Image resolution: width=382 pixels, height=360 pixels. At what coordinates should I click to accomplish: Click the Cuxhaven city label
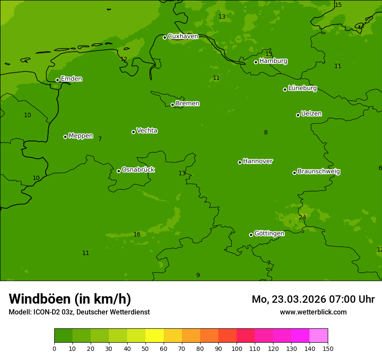pos(183,36)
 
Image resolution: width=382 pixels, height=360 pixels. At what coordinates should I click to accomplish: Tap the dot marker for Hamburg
pos(256,62)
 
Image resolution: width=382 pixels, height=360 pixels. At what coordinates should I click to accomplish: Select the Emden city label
pos(71,79)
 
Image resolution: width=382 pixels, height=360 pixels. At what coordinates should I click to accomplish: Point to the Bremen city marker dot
pos(172,105)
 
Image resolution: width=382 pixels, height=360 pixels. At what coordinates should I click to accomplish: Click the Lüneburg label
pos(302,88)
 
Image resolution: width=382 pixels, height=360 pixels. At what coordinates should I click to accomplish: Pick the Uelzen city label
pos(311,114)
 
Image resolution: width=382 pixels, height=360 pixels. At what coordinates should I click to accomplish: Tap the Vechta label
pos(147,131)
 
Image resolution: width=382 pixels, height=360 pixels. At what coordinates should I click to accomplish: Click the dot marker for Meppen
pos(66,137)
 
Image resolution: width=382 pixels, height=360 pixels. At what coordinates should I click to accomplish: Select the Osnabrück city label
pos(138,170)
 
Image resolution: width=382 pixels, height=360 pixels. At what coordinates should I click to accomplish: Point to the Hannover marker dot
pos(240,162)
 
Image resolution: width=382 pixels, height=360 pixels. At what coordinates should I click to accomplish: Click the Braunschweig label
pos(319,171)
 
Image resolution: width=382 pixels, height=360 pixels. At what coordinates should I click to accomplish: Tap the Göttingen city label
pos(269,233)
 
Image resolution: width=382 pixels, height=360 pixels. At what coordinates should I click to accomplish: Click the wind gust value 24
pos(302,217)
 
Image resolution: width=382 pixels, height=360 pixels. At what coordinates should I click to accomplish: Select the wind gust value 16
pos(137,235)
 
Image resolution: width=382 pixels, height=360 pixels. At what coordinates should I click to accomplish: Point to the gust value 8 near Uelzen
pos(266,133)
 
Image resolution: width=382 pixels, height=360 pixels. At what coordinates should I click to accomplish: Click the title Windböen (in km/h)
pos(70,299)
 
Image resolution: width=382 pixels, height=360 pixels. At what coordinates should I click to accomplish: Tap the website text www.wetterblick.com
pos(313,312)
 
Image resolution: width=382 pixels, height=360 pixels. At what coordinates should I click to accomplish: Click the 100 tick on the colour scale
pos(237,348)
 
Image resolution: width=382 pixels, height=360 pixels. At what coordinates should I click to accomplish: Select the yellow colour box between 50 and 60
pos(155,336)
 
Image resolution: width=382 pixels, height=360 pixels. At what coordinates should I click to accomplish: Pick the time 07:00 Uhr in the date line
pos(345,299)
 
